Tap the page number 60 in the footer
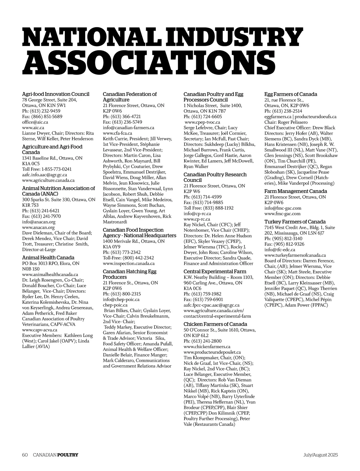[x=25, y=455]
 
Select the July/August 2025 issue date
[x=320, y=455]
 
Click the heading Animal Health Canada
[x=48, y=258]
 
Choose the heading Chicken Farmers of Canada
[x=215, y=324]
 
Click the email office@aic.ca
[x=35, y=122]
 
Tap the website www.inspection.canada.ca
[x=129, y=263]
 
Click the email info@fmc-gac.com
[x=283, y=208]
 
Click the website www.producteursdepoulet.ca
[x=212, y=352]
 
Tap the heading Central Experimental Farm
[x=215, y=272]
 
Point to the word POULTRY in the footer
[x=67, y=455]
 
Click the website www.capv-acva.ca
[x=40, y=330]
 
